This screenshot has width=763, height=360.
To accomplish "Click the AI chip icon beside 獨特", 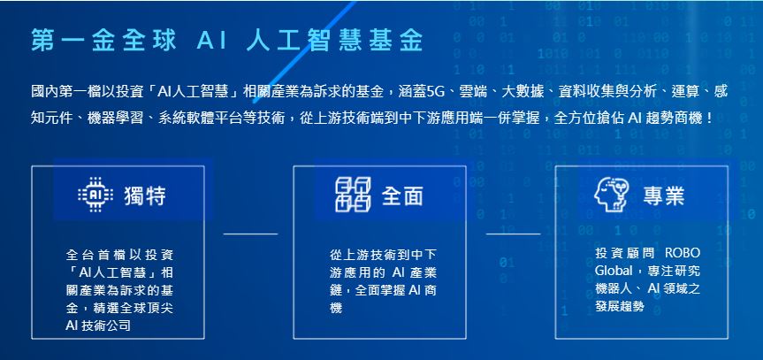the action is (x=95, y=195).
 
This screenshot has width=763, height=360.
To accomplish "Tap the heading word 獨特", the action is (x=145, y=195).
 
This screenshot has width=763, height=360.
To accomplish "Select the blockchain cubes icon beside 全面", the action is (x=353, y=195).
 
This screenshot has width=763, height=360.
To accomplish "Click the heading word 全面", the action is (x=402, y=195).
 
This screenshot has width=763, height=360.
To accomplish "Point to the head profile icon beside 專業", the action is (x=612, y=195).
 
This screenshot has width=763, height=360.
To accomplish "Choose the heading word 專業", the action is (x=664, y=195).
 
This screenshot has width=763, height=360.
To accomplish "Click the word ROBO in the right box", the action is (x=683, y=253).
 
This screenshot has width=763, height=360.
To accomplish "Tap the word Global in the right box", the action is (x=614, y=271).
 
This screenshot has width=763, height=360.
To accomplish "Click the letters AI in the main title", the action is (x=212, y=41).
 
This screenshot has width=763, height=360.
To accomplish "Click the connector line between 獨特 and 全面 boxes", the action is (x=250, y=234).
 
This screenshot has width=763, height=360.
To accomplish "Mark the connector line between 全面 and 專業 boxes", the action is (x=513, y=234).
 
